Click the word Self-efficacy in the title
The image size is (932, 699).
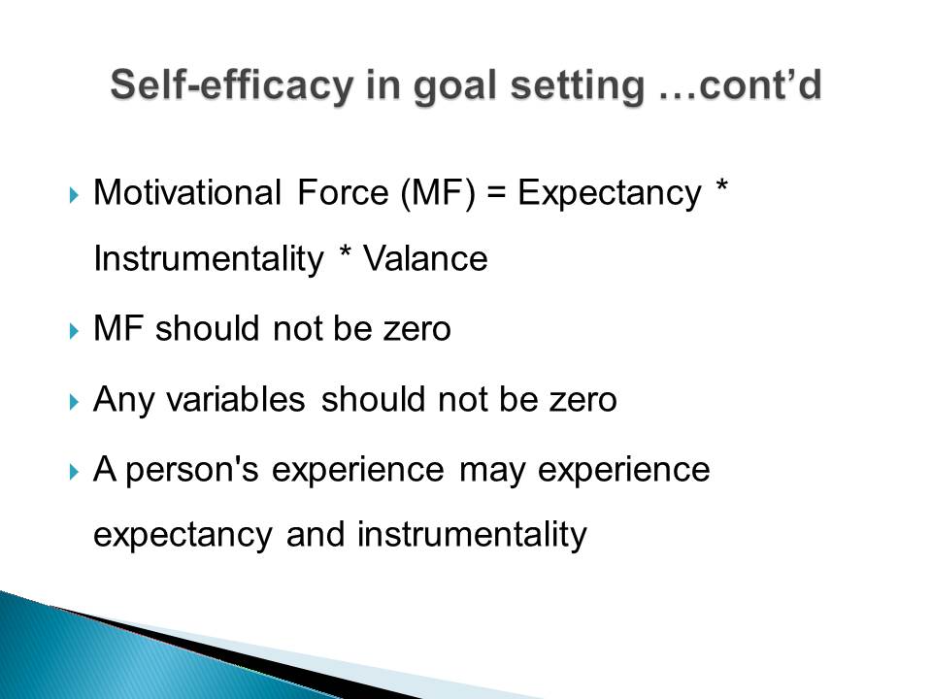click(x=232, y=86)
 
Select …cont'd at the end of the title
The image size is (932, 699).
click(x=740, y=84)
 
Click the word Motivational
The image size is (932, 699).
click(x=187, y=192)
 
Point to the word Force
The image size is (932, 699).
click(x=343, y=192)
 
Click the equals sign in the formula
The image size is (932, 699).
click(x=496, y=194)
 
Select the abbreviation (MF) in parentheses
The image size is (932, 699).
click(x=438, y=194)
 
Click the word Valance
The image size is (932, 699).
click(x=425, y=258)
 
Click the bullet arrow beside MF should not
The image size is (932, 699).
click(x=74, y=330)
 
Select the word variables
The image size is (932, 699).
click(x=236, y=399)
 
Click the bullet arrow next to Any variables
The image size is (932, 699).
click(x=74, y=402)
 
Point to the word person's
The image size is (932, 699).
click(x=192, y=471)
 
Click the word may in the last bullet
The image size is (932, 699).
click(x=493, y=472)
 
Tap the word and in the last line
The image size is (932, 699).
click(x=316, y=534)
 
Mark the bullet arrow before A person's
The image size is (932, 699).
click(x=74, y=472)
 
